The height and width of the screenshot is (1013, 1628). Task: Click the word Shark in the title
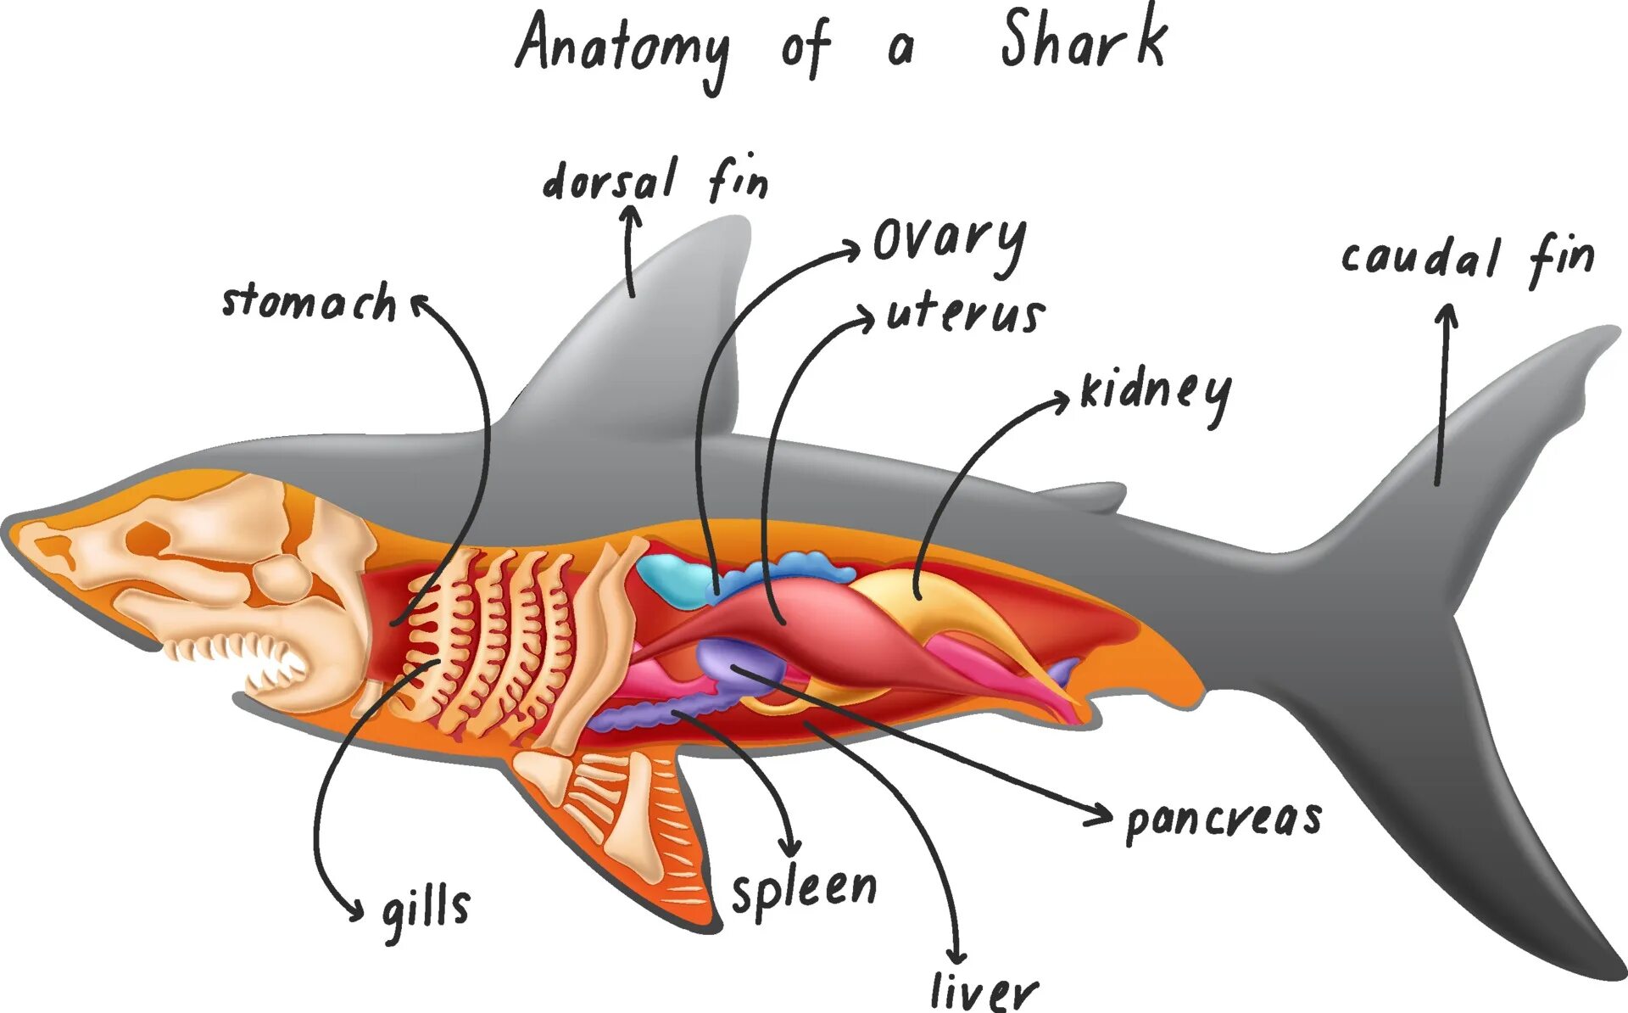[x=1084, y=41]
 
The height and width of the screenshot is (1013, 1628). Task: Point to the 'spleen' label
[x=804, y=891]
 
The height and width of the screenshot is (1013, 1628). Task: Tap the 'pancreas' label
[x=1224, y=820]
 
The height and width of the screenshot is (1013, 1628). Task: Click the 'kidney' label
[x=1155, y=392]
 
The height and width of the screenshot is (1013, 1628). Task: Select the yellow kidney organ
[x=916, y=594]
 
